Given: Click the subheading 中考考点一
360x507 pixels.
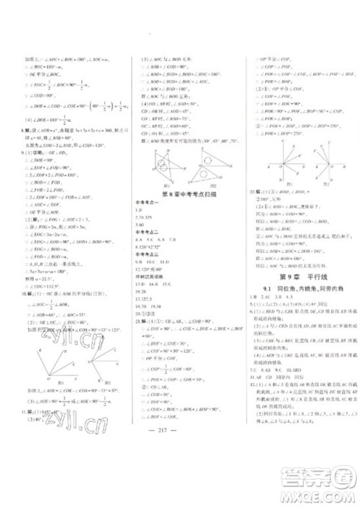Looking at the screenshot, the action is pyautogui.click(x=142, y=206).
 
